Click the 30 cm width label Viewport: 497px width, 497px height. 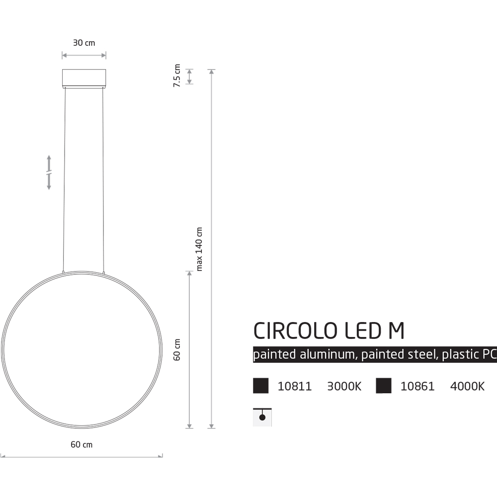point(83,43)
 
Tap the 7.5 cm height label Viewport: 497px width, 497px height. point(176,76)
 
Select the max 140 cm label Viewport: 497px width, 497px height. point(200,249)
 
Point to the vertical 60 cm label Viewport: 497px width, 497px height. point(177,349)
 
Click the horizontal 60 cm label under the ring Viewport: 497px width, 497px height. point(82,444)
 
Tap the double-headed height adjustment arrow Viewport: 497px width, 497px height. point(49,172)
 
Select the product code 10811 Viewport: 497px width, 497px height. point(294,387)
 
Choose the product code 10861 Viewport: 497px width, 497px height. point(417,387)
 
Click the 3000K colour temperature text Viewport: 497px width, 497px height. point(344,387)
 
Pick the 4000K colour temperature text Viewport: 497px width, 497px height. point(467,387)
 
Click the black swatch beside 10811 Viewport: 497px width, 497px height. point(261,386)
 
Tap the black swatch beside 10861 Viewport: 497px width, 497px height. point(383,386)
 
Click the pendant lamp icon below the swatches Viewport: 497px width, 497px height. point(262,417)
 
